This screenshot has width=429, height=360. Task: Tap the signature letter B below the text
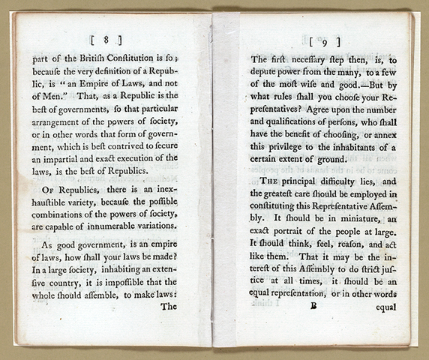point(316,306)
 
